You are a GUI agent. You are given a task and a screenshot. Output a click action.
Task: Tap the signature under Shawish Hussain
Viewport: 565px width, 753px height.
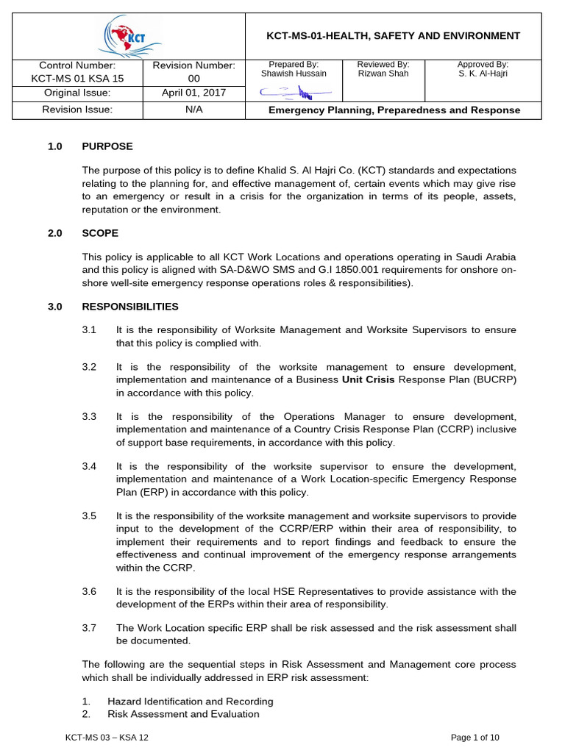point(294,92)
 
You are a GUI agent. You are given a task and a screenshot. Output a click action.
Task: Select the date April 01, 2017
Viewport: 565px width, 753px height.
point(194,93)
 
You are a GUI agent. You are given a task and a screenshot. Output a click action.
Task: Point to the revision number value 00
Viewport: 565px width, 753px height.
point(194,79)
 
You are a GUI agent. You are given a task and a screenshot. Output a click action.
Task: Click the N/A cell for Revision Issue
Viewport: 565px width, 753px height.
point(194,110)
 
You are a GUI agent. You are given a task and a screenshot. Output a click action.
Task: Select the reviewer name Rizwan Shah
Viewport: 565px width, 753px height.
point(383,74)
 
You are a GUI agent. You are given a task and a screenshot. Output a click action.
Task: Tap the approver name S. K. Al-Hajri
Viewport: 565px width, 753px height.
point(483,74)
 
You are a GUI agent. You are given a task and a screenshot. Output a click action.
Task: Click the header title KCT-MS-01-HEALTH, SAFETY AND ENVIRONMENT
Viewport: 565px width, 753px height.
point(393,35)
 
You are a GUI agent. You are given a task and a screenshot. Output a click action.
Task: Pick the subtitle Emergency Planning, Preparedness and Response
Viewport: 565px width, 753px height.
point(394,110)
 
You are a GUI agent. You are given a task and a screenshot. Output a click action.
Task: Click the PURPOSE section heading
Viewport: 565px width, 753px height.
point(107,146)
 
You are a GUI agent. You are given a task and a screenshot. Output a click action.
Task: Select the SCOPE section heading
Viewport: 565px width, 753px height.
point(100,233)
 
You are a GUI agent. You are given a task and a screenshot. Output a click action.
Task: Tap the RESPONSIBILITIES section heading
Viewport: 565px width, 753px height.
point(129,306)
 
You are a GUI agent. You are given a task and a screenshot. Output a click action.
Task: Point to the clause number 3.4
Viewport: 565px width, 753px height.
point(89,466)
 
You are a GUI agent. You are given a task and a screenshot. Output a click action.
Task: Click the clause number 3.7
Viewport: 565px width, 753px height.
point(89,627)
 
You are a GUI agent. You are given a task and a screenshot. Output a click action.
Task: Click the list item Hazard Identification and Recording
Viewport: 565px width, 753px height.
point(191,701)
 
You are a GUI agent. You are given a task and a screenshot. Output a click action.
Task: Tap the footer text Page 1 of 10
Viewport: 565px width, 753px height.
point(475,738)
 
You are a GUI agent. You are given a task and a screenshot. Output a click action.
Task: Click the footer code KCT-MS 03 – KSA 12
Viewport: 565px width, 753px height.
point(107,738)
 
